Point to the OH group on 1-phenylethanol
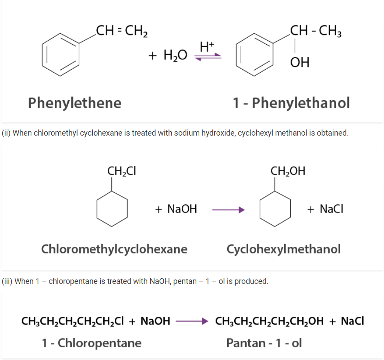pos(299,63)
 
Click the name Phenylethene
pos(75,103)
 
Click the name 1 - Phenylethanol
pos(291,103)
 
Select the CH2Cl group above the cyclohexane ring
pos(122,171)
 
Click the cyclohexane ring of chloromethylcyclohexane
pos(112,208)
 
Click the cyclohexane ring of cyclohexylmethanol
pos(275,208)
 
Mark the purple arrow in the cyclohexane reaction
pos(228,210)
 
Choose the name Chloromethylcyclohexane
pos(114,249)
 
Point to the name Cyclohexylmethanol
pos(283,249)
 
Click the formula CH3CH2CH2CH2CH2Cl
pos(73,322)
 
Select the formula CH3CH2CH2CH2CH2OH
pos(269,322)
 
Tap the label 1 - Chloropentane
pos(92,343)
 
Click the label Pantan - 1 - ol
pos(264,343)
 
